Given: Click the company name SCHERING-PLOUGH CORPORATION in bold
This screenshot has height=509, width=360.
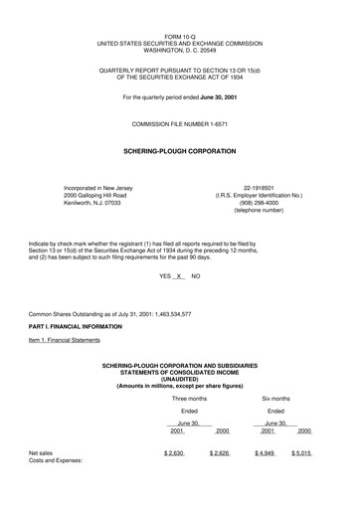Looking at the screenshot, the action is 179,151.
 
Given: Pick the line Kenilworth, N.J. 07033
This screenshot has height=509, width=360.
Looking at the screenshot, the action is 97,203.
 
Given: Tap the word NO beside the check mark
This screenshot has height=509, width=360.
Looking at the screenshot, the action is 196,275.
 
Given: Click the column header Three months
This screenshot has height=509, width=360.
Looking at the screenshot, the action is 189,398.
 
